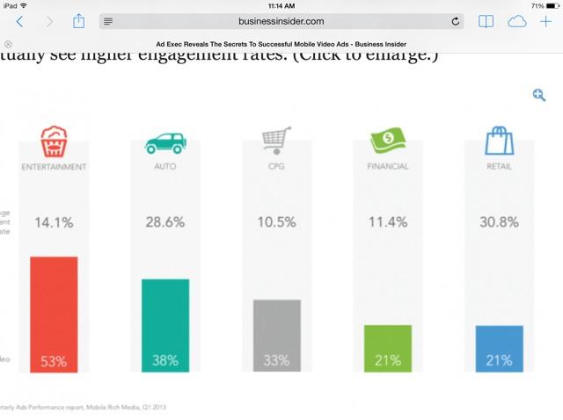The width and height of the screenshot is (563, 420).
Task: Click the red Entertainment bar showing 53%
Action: pos(54,314)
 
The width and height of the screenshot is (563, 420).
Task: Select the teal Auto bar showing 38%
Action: pos(165,325)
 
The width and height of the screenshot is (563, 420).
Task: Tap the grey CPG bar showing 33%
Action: pos(276,336)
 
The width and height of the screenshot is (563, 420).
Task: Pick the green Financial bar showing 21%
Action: pos(388,348)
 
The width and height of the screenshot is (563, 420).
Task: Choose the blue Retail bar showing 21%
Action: pos(499,348)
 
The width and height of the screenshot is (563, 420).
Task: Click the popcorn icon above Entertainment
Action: pos(54,141)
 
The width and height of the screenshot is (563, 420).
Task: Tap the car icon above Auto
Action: pos(165,142)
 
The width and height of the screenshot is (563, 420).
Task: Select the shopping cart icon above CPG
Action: pos(276,141)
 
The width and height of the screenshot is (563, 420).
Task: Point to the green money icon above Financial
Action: pos(388,141)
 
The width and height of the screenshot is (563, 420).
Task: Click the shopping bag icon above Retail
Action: pos(499,141)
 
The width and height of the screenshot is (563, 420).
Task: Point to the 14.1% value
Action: pos(54,222)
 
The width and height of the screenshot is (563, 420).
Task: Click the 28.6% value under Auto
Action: pos(165,222)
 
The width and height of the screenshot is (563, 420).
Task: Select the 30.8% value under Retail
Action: pos(499,222)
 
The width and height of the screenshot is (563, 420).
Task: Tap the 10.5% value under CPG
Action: pos(276,222)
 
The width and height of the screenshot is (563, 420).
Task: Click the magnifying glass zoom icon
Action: pos(538,95)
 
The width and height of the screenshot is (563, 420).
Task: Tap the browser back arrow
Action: pos(19,21)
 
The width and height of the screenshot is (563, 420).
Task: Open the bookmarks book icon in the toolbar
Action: pos(485,21)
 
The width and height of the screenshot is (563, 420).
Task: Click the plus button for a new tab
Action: pos(545,21)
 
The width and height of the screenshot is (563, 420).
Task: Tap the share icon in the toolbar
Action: pos(78,20)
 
